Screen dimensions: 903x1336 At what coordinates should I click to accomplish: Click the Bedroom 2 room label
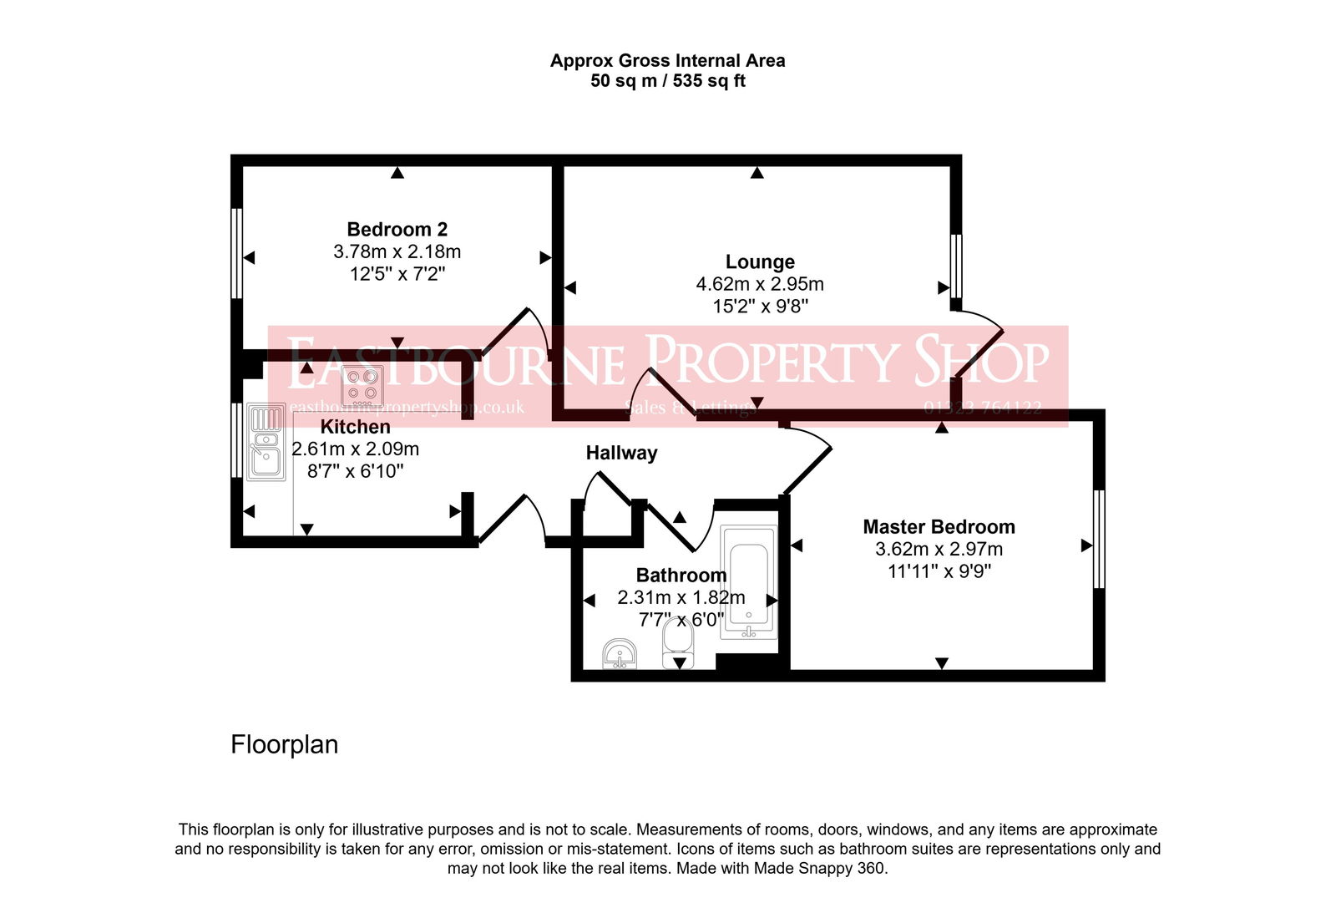point(397,229)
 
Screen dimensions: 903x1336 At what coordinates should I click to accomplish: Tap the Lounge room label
point(760,262)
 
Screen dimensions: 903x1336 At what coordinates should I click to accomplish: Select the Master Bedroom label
point(939,527)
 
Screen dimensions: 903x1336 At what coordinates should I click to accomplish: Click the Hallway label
point(621,453)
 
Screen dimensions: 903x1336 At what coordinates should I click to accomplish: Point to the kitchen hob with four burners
point(362,385)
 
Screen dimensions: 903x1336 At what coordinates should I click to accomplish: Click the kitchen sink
point(266,443)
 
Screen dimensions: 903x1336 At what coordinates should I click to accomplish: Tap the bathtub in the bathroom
point(748,583)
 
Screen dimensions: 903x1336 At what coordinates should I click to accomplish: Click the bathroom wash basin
point(620,654)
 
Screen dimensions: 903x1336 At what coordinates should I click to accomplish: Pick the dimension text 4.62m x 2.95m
point(760,284)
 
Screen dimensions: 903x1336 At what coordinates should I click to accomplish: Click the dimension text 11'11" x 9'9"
point(939,571)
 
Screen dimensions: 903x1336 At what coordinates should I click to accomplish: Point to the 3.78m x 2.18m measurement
point(397,251)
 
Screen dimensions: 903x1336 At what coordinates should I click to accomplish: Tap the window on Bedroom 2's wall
point(236,253)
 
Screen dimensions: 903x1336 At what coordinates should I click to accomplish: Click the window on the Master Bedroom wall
point(1099,539)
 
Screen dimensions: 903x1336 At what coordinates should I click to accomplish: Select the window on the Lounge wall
point(956,266)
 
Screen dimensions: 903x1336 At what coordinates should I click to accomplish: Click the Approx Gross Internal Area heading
point(667,61)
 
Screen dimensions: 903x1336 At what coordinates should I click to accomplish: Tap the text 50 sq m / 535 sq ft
point(667,81)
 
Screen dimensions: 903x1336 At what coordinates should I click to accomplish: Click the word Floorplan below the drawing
point(284,744)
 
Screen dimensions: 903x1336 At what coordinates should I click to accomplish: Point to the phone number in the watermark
point(982,408)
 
